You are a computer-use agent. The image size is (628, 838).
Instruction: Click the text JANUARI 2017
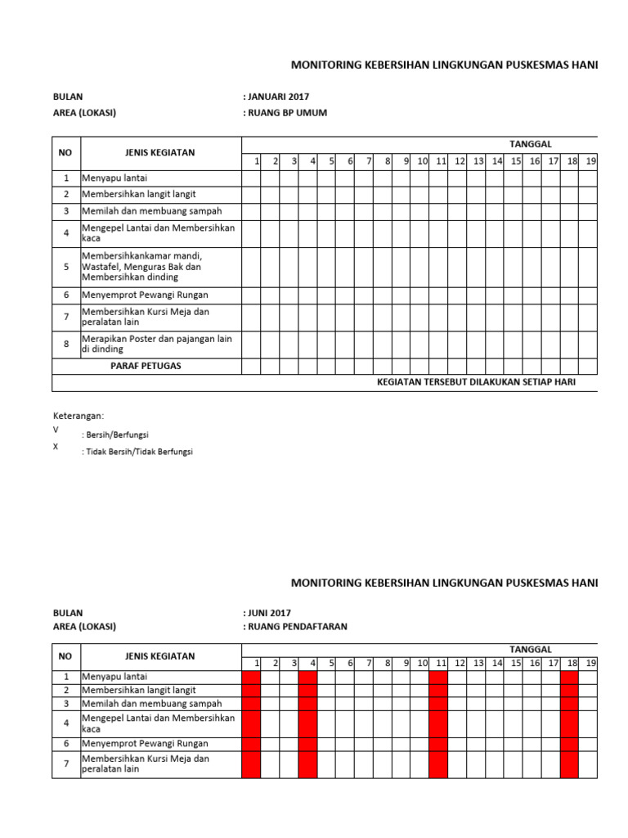point(277,97)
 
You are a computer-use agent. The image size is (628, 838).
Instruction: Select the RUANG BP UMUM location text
point(286,113)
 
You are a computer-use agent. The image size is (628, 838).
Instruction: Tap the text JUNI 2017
point(268,612)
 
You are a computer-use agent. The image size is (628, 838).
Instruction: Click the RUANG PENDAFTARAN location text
point(297,627)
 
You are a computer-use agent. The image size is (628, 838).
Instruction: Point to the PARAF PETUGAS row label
point(146,366)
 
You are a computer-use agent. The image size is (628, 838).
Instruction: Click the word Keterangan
point(78,416)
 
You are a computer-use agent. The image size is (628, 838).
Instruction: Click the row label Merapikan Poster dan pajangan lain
point(157,340)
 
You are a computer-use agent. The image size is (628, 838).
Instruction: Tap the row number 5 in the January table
point(66,267)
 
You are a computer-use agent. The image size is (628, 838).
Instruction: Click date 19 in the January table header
point(590,161)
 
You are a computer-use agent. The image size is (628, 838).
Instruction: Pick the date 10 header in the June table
point(422,663)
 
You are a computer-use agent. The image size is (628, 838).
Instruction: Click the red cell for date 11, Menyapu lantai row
point(438,677)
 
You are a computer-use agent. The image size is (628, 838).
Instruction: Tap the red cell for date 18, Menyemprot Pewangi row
point(569,744)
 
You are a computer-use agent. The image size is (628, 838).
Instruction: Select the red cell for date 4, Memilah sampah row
point(307,704)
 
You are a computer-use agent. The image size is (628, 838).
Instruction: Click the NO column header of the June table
point(66,656)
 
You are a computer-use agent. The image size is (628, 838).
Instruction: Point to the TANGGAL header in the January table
point(531,144)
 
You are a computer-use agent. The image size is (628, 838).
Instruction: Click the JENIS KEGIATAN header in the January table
point(159,153)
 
